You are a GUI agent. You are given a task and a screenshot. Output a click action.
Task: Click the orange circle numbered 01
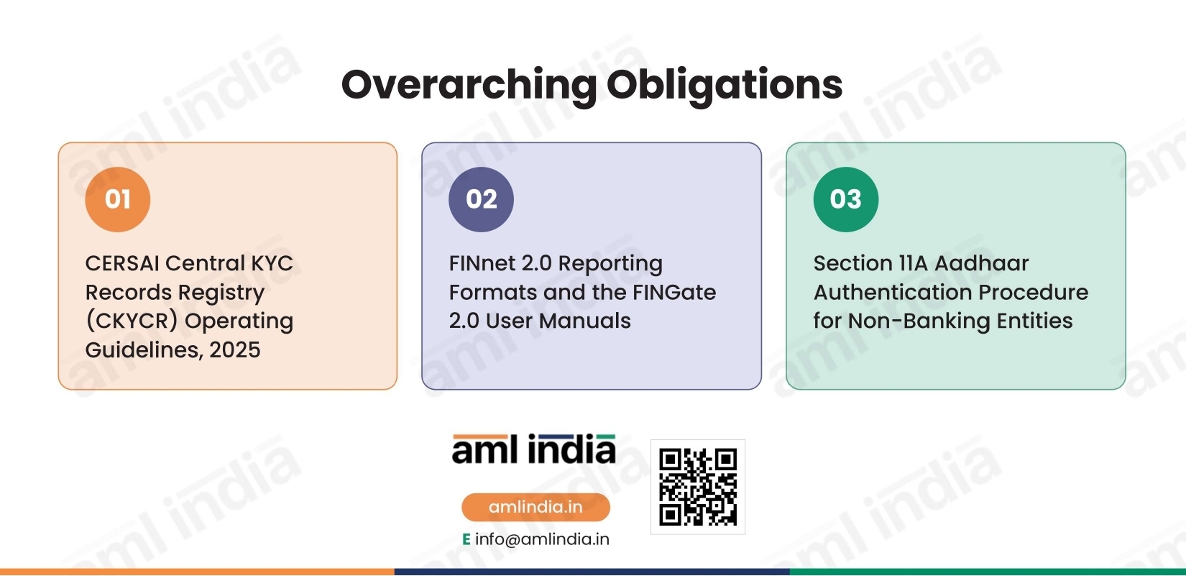coord(118,199)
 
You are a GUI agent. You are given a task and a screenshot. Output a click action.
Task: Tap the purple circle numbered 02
coord(482,199)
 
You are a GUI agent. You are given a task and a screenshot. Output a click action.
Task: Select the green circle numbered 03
coord(846,199)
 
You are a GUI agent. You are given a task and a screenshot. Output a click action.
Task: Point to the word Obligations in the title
coord(725,85)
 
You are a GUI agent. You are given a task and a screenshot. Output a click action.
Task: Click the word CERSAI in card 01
coord(121,263)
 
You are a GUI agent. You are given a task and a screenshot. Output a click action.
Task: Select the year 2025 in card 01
coord(234,349)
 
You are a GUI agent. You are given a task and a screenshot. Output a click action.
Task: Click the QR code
coord(698,487)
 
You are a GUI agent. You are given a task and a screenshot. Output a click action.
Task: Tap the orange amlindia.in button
coord(535,507)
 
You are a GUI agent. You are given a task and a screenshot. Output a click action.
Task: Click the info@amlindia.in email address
coord(542,539)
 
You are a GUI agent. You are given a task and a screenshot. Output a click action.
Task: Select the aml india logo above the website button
coord(533,449)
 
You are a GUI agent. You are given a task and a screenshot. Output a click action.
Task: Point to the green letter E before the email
coord(466,539)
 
